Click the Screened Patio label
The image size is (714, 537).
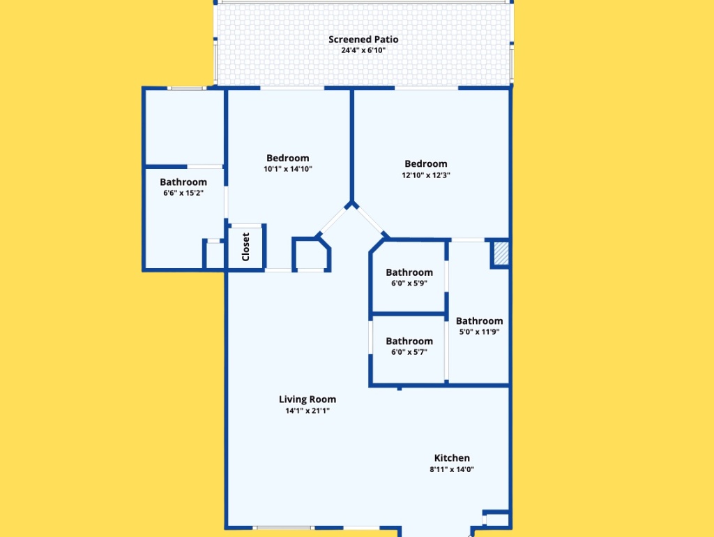click(363, 40)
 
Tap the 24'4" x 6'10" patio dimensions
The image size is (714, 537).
click(363, 50)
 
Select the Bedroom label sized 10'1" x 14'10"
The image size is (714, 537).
click(288, 159)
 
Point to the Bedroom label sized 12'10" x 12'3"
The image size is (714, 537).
click(426, 163)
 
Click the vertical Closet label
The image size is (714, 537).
click(246, 247)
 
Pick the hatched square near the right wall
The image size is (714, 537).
click(501, 253)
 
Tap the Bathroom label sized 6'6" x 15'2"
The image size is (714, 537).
click(183, 182)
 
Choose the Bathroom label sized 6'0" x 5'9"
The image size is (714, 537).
click(409, 272)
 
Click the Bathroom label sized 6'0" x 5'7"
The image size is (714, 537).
click(409, 341)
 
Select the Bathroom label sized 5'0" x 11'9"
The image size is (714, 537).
click(480, 321)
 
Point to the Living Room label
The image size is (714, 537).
click(307, 399)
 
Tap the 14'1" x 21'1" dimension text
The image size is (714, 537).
click(307, 411)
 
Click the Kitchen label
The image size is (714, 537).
click(452, 458)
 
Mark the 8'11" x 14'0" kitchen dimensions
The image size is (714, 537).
click(452, 469)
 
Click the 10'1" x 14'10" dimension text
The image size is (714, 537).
click(288, 169)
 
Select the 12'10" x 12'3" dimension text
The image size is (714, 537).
click(426, 175)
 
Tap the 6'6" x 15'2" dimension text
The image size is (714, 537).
click(183, 193)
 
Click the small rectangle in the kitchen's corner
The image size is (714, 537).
click(496, 520)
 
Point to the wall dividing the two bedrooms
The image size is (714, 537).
click(352, 147)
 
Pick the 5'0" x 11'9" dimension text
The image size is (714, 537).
click(480, 332)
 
